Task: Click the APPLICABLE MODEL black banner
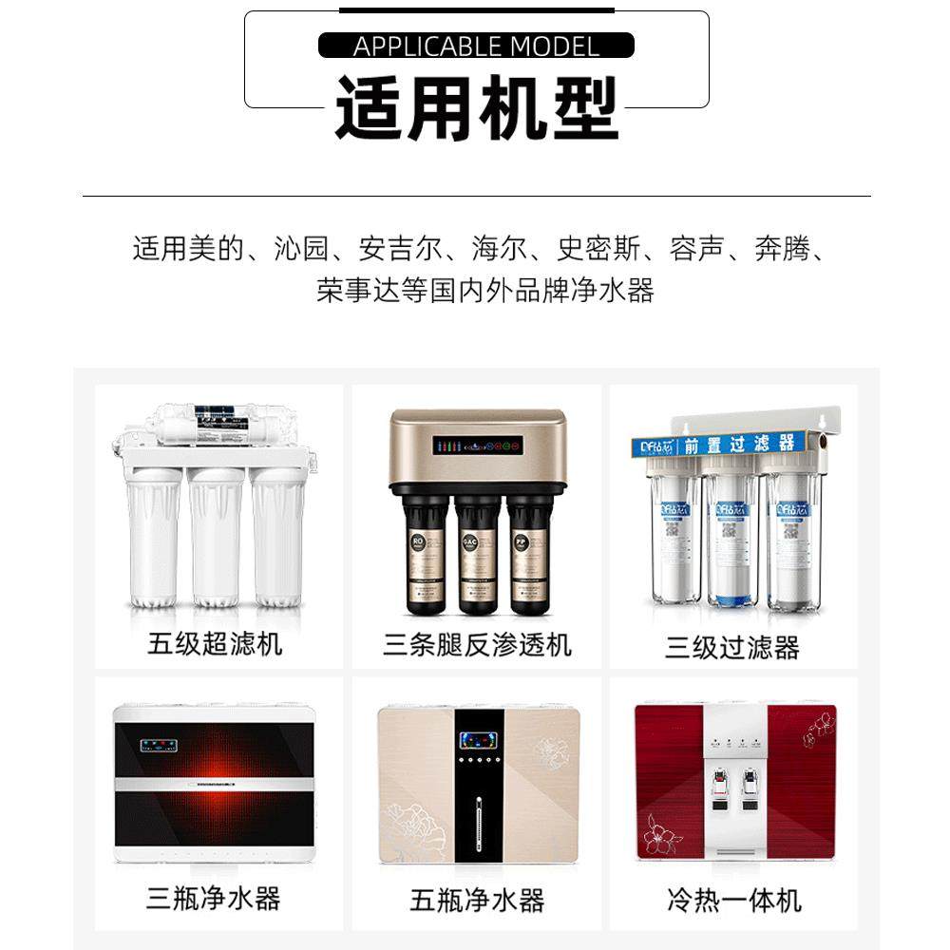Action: coord(476,46)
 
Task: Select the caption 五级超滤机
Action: coord(215,644)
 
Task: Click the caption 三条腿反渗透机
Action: coord(477,645)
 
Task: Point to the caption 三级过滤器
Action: coord(731,648)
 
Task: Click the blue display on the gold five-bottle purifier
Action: coord(476,739)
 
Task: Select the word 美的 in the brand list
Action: coord(218,249)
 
